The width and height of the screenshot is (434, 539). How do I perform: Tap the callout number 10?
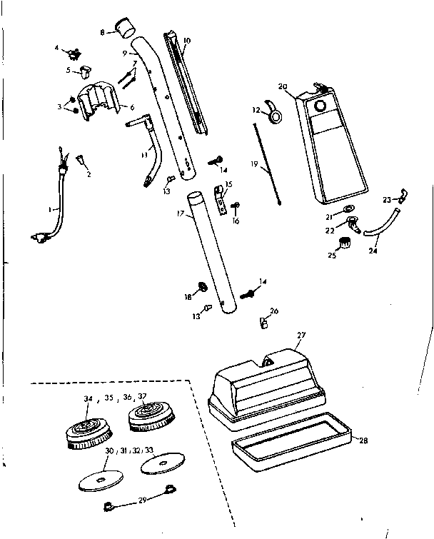tap(187, 42)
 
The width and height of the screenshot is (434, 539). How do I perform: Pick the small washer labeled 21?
tap(347, 208)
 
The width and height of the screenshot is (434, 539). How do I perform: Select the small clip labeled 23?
tap(403, 193)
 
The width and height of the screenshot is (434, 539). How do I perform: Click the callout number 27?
tap(301, 334)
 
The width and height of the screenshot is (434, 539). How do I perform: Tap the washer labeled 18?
tap(202, 287)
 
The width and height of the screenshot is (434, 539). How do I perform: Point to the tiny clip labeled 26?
tap(263, 323)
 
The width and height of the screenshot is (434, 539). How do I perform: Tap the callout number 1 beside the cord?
tap(50, 209)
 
